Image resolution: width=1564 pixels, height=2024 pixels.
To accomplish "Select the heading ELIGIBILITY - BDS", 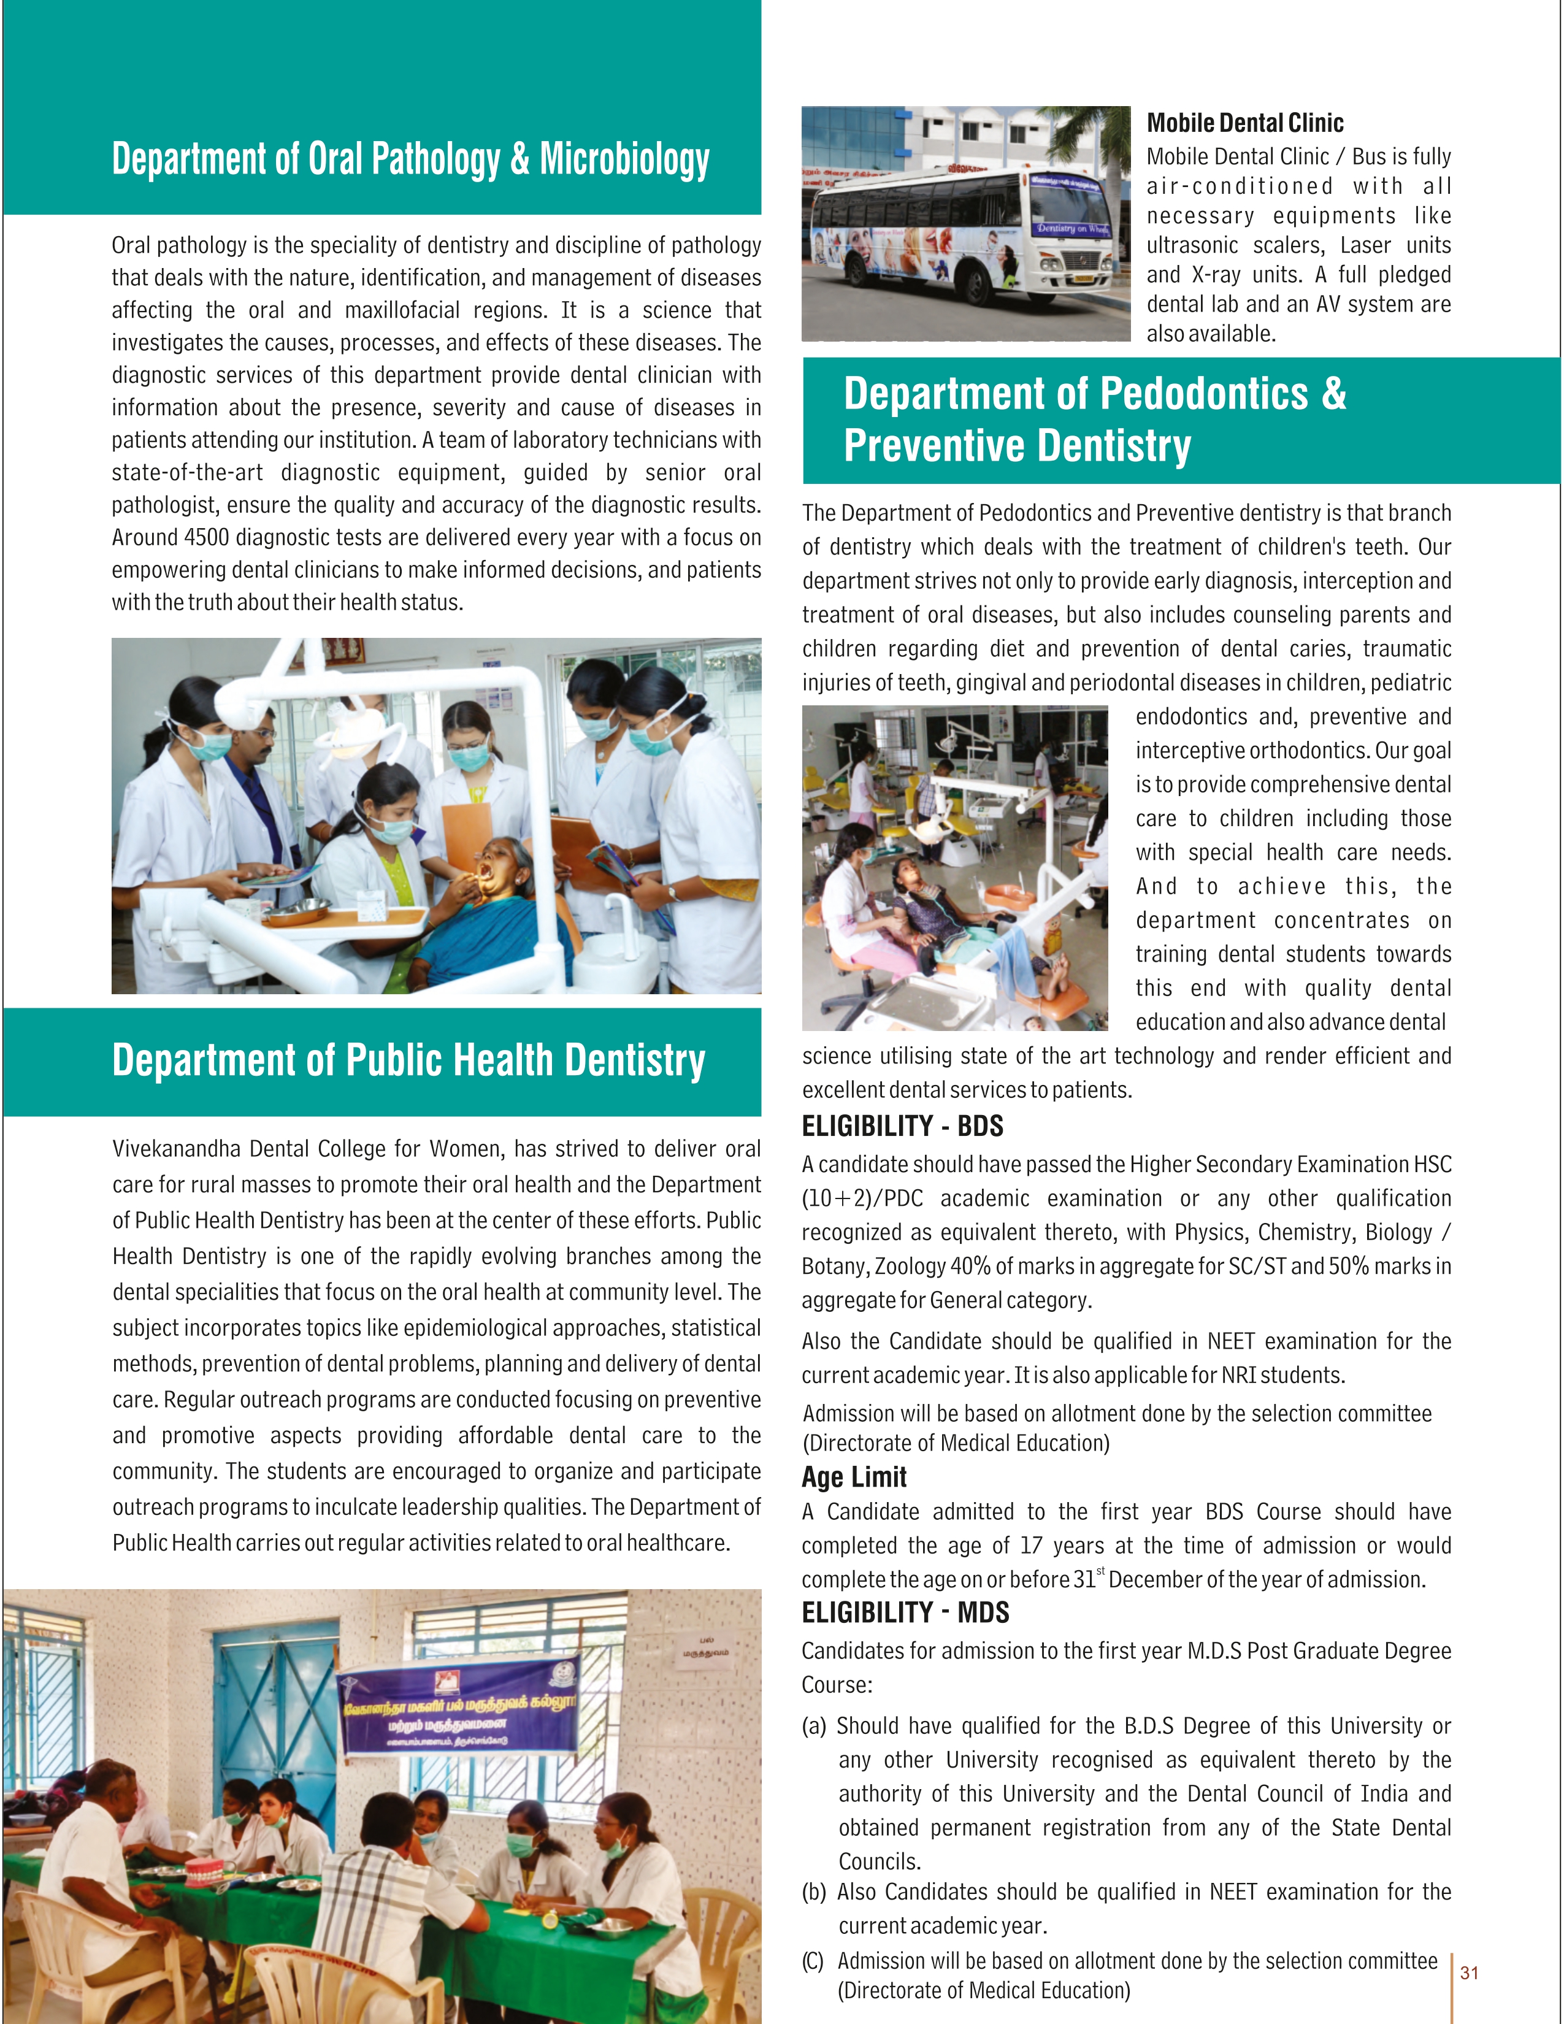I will (902, 1126).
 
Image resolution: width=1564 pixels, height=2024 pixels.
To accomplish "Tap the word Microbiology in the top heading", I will (624, 159).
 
